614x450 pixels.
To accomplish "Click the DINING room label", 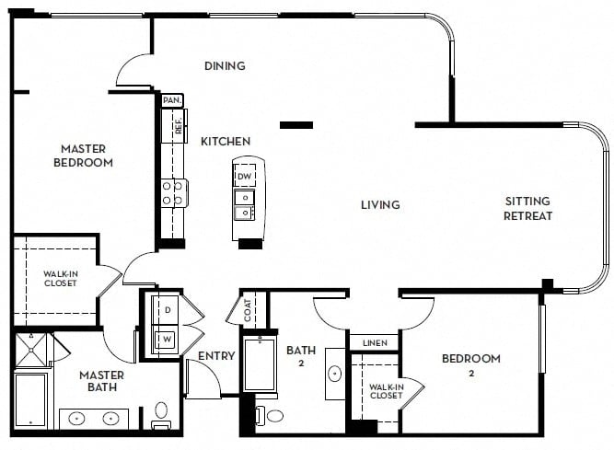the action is tap(225, 65).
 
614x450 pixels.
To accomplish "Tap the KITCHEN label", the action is tap(226, 142).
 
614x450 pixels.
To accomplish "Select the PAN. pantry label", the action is tap(172, 100).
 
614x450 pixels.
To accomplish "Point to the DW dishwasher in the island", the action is tap(245, 176).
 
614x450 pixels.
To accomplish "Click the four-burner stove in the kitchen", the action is tap(173, 193).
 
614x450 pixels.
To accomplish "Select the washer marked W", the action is tap(166, 340).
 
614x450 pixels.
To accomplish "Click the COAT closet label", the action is tap(248, 310).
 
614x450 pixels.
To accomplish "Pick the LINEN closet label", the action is tap(375, 343).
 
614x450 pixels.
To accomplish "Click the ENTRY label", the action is tap(216, 356).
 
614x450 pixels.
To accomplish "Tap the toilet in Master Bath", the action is tap(161, 416).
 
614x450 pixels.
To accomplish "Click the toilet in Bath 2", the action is tap(270, 416).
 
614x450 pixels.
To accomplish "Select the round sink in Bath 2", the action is tap(335, 374).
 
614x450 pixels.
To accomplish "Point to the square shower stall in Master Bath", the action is tap(30, 350).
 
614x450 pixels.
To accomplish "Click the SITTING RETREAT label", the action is tap(527, 209).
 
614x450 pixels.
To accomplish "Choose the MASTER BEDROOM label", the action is tap(84, 156).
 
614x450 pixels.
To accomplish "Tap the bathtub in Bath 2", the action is tap(259, 365).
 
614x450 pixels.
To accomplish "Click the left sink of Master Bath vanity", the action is tap(76, 419).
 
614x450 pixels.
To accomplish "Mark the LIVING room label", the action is tap(380, 204).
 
